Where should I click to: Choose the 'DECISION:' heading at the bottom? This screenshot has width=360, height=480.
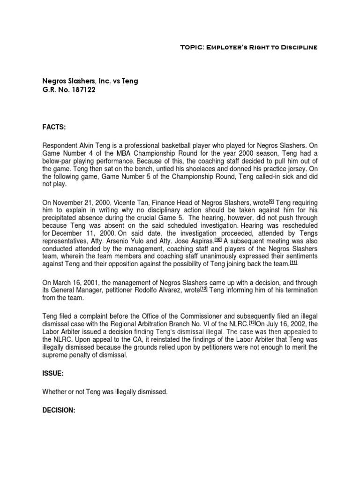[59, 409]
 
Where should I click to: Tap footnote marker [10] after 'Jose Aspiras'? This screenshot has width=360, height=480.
[218, 239]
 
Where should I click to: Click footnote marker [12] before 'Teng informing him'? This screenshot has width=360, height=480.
[203, 289]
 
